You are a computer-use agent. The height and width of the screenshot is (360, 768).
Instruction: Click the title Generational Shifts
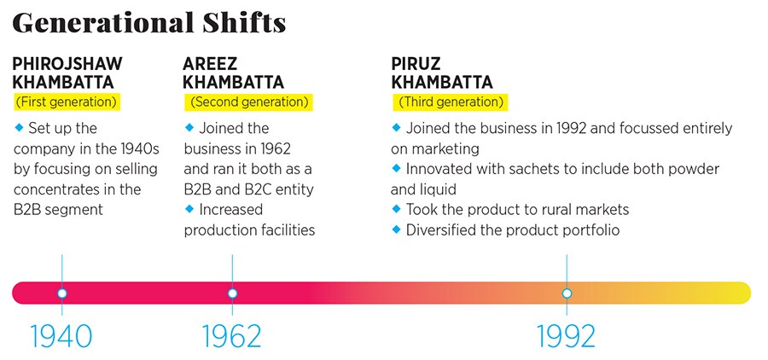click(148, 24)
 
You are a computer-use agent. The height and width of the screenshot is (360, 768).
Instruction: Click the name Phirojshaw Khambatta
click(67, 73)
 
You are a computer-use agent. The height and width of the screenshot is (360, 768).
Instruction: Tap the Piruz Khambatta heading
click(442, 73)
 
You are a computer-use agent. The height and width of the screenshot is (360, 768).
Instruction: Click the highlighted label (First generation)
click(66, 102)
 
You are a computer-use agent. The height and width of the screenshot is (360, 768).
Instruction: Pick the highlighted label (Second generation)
click(248, 102)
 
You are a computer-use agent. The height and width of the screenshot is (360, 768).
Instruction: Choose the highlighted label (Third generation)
click(451, 102)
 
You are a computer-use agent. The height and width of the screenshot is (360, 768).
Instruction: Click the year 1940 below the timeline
click(61, 336)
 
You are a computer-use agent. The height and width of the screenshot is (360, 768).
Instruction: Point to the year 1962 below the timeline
click(232, 336)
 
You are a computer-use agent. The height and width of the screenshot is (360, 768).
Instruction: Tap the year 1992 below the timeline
click(567, 336)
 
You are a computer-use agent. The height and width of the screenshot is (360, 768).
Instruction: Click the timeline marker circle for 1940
click(61, 293)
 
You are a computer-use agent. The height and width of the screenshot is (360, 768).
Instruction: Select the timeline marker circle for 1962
click(232, 293)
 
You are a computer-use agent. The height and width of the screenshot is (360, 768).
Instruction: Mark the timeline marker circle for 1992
click(567, 293)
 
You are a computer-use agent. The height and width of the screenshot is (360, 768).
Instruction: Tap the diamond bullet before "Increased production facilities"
click(189, 210)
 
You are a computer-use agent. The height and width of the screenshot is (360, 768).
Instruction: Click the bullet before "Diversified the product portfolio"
click(396, 229)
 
